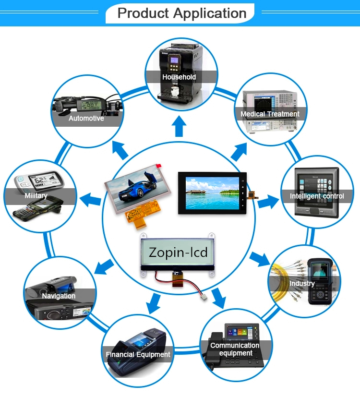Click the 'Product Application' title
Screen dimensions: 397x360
pos(182,13)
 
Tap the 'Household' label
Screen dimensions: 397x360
pos(179,77)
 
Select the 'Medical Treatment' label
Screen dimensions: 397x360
pos(270,114)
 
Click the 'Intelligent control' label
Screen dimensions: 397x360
pos(316,196)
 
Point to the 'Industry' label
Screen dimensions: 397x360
pos(302,283)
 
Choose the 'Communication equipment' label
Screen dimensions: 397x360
pos(235,349)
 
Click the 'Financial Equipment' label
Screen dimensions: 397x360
pos(138,355)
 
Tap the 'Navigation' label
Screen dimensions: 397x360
pos(59,296)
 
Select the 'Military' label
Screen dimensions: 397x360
pos(36,196)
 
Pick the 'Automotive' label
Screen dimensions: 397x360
pos(86,118)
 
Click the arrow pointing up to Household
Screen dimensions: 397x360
pos(180,127)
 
